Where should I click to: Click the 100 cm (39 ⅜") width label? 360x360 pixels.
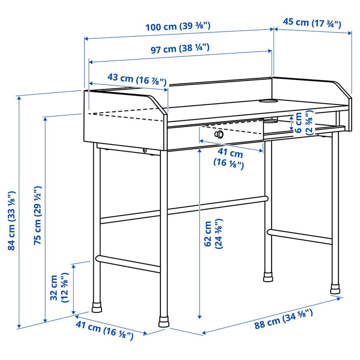tap(178, 27)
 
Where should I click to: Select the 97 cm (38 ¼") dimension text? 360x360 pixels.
tap(180, 49)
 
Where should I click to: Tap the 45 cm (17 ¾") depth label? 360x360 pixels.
tap(312, 22)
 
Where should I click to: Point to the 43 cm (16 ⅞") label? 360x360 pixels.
tap(137, 79)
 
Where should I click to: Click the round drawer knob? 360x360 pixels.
tap(219, 134)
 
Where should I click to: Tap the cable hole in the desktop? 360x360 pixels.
tap(270, 100)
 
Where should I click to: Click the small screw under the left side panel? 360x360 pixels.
tap(144, 150)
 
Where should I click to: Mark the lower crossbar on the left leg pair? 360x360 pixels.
tap(128, 264)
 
